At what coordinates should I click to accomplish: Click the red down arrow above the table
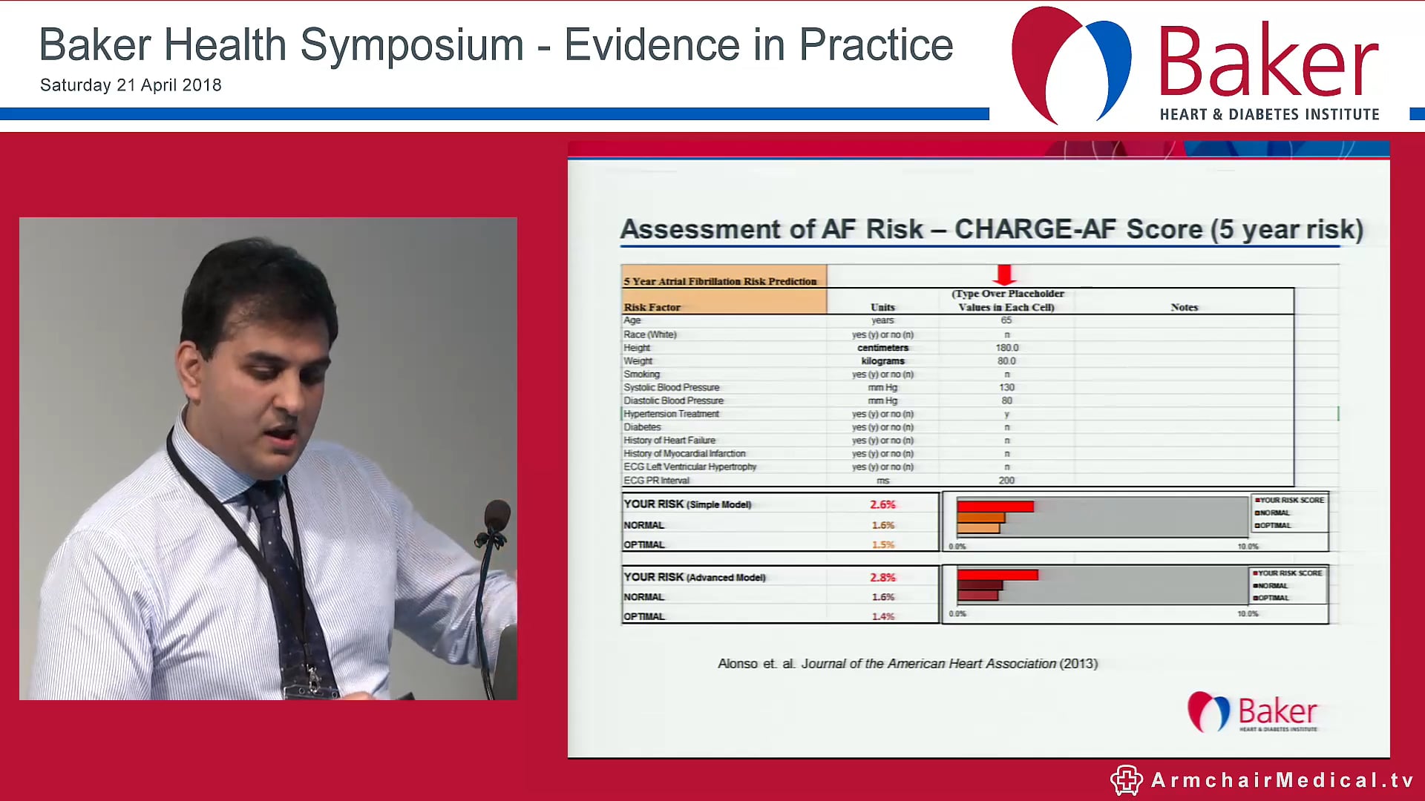pyautogui.click(x=1005, y=274)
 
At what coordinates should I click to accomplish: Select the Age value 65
pyautogui.click(x=1006, y=320)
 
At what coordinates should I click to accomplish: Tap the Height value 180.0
pyautogui.click(x=1007, y=348)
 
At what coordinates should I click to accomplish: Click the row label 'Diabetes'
pyautogui.click(x=642, y=427)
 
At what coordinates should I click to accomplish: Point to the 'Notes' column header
pyautogui.click(x=1185, y=307)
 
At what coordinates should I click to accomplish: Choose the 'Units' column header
pyautogui.click(x=882, y=307)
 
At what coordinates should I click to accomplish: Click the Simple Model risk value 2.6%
pyautogui.click(x=882, y=504)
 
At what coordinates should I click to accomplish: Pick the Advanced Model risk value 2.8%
pyautogui.click(x=882, y=577)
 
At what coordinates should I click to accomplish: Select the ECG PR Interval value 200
pyautogui.click(x=1006, y=481)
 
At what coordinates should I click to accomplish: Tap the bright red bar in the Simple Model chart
pyautogui.click(x=995, y=507)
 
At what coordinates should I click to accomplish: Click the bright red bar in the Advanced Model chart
pyautogui.click(x=997, y=575)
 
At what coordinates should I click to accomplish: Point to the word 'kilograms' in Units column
pyautogui.click(x=882, y=361)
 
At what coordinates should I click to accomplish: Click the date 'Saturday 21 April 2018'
pyautogui.click(x=131, y=85)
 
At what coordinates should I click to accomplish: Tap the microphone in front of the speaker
pyautogui.click(x=496, y=517)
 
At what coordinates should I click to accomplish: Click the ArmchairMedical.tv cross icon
pyautogui.click(x=1126, y=780)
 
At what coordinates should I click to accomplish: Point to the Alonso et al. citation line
pyautogui.click(x=907, y=664)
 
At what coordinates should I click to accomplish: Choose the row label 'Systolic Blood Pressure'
pyautogui.click(x=672, y=387)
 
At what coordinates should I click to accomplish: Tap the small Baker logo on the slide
pyautogui.click(x=1253, y=713)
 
